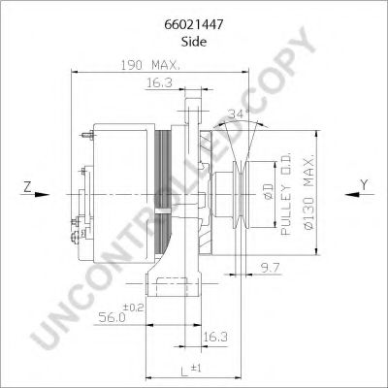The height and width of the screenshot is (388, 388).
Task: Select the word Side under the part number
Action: (x=194, y=32)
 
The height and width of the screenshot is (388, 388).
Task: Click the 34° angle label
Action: (x=238, y=113)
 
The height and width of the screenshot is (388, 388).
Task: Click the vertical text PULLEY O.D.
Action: (x=286, y=194)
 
